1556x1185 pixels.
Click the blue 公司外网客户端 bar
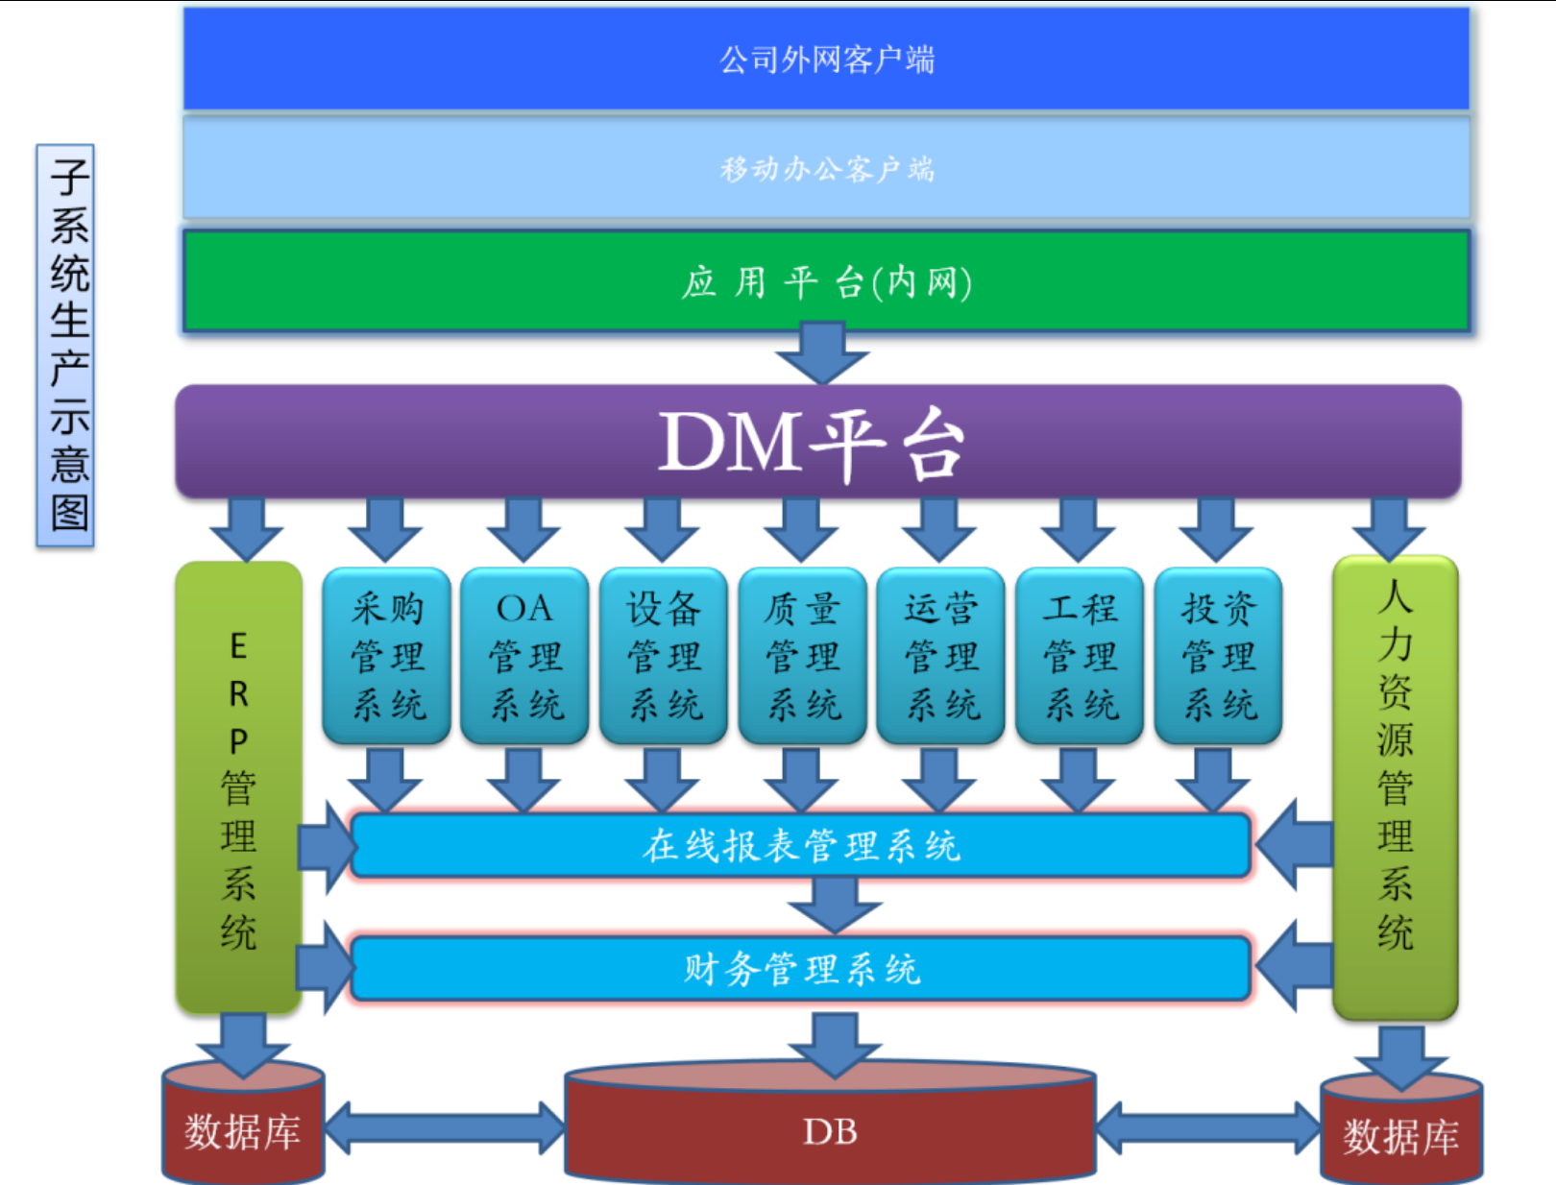pos(826,60)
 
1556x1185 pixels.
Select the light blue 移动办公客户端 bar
pos(826,169)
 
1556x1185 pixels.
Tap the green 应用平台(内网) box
pos(826,282)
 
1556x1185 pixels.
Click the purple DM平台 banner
pos(816,442)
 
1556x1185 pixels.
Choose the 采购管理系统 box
pos(387,656)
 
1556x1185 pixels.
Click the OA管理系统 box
pos(524,656)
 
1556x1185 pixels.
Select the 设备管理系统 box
pos(664,656)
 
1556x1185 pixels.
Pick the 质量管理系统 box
pos(802,656)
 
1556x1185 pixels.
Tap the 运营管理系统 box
pos(941,656)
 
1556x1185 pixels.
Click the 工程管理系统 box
pos(1080,656)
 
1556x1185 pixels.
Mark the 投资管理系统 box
pos(1218,656)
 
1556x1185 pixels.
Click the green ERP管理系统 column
pos(239,787)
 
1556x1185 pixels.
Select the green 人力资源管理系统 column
pos(1395,787)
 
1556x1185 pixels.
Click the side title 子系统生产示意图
pos(66,346)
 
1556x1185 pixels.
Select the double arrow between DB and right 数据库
pos(1208,1127)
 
